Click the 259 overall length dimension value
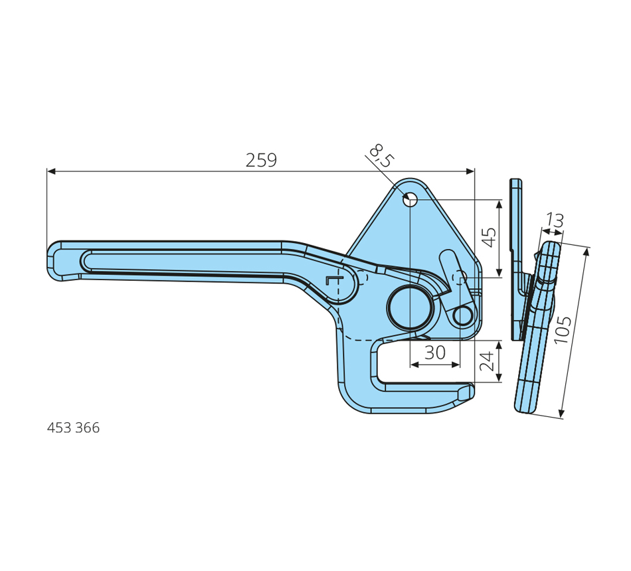coord(261,160)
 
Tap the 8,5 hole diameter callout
coord(381,156)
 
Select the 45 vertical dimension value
coord(489,238)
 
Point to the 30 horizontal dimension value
coord(435,353)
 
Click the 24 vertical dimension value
coord(486,361)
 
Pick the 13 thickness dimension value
coord(555,220)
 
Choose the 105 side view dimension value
coord(563,330)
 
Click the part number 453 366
coord(73,428)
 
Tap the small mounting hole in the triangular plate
coord(410,199)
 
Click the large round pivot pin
coord(410,308)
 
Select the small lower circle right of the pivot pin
coord(463,315)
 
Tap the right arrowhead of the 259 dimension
coord(470,171)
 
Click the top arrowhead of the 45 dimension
coord(499,204)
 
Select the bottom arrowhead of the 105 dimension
coord(563,414)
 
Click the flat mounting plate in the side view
coord(517,260)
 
